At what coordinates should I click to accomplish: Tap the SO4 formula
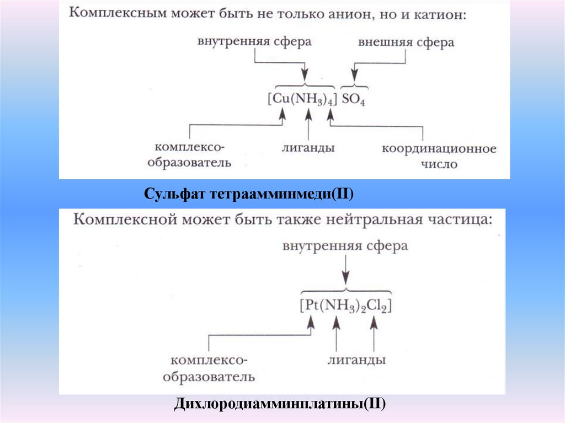click(354, 101)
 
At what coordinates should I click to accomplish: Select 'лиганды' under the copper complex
click(308, 148)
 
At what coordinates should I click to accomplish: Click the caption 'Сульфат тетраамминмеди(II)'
click(248, 194)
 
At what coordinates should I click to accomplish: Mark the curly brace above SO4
click(354, 87)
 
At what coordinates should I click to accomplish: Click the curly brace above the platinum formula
click(346, 291)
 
